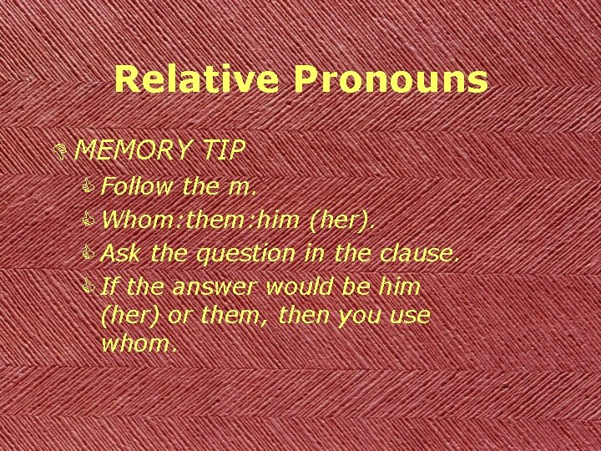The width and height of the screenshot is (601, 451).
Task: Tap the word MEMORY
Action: (x=134, y=150)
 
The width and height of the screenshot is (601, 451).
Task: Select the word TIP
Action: (x=223, y=150)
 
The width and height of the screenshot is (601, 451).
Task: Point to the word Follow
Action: (x=134, y=186)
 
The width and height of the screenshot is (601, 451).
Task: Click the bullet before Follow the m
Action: (x=90, y=187)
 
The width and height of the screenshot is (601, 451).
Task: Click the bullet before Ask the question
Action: (x=90, y=253)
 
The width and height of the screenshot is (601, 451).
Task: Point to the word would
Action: (x=301, y=286)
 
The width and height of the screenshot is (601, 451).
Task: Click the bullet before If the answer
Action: (x=90, y=287)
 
